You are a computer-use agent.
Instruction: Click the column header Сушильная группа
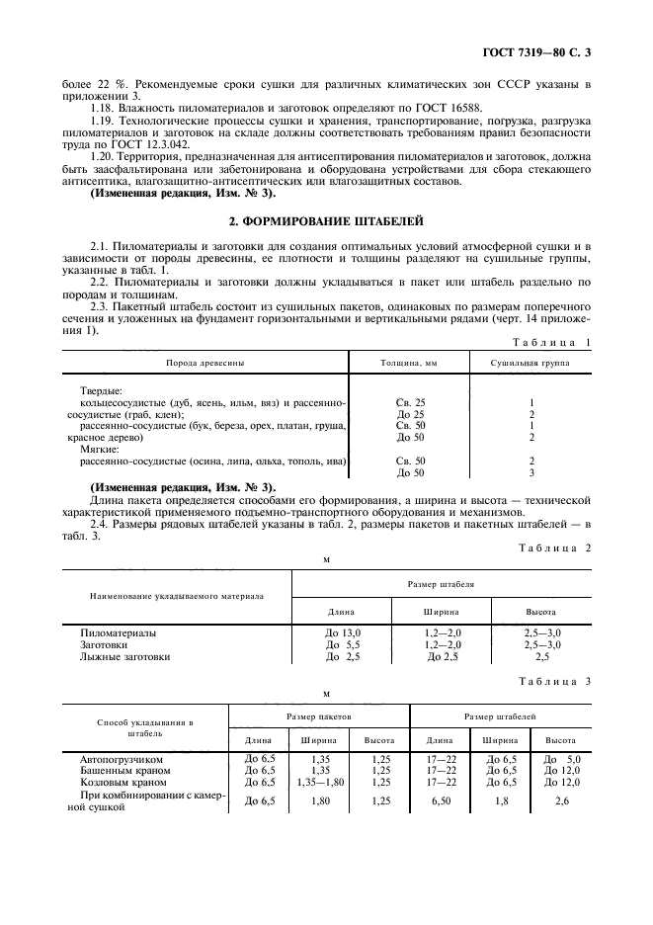pos(531,363)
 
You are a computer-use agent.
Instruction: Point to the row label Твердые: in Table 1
pos(101,391)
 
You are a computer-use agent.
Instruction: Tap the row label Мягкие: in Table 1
pos(99,448)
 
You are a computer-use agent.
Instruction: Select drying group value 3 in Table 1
pos(531,472)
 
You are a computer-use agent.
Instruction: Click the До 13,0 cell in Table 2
pos(344,631)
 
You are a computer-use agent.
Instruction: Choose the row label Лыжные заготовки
pos(124,655)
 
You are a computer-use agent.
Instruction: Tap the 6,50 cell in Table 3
pos(439,800)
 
